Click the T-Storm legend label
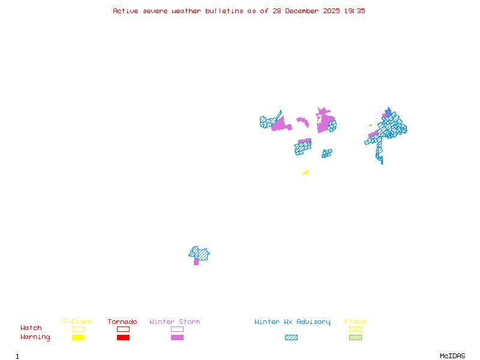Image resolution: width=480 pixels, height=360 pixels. click(77, 322)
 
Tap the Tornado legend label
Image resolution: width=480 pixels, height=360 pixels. click(122, 322)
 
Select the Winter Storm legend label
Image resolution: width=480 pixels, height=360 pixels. click(175, 322)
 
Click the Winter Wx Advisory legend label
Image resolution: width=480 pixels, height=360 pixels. click(292, 322)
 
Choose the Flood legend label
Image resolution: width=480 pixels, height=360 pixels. click(355, 322)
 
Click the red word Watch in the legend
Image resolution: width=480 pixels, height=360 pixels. click(31, 328)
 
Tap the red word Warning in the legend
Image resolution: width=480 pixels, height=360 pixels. click(35, 337)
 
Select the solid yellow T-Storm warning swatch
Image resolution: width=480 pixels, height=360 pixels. click(78, 338)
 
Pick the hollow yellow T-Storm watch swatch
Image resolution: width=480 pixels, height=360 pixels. click(78, 329)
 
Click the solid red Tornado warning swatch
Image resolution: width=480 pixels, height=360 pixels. click(123, 338)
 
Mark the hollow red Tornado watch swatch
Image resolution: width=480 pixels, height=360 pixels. click(123, 329)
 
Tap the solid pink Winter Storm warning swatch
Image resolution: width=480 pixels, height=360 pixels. click(177, 338)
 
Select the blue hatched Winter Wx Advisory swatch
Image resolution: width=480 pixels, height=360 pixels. click(291, 338)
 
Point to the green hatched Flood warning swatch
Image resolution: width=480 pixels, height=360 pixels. click(355, 338)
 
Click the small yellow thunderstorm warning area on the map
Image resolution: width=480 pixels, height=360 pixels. click(306, 173)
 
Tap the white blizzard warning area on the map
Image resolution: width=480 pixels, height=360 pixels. click(300, 116)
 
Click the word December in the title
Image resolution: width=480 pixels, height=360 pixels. click(303, 11)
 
